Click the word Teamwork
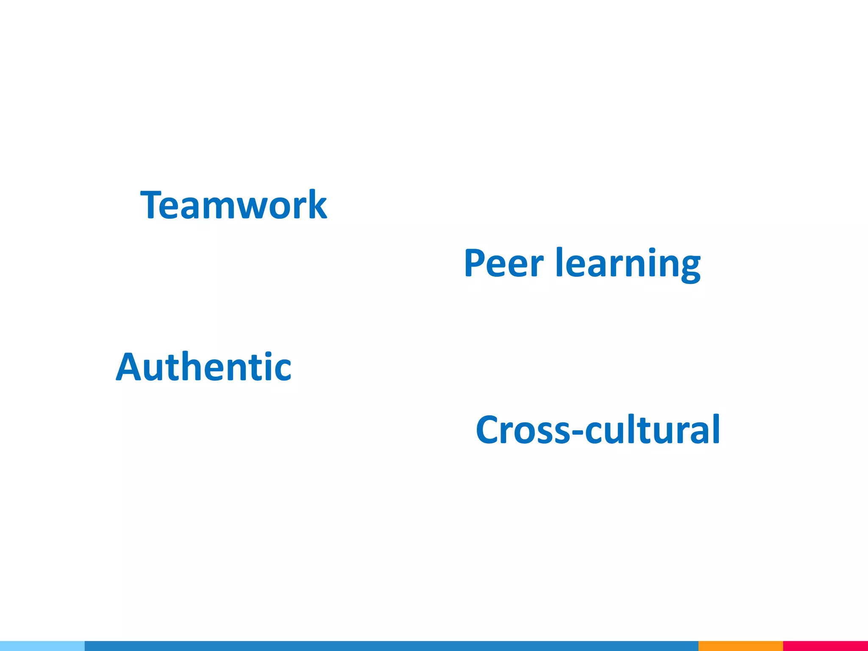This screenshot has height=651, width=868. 234,205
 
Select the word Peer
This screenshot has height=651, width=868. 504,263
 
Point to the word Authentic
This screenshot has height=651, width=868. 203,367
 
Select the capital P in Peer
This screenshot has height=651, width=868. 475,263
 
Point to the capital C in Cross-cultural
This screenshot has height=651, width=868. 488,430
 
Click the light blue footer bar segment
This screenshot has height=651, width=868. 42,646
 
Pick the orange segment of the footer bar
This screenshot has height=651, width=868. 740,646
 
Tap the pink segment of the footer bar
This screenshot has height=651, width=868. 825,646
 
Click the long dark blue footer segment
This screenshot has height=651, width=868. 391,646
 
